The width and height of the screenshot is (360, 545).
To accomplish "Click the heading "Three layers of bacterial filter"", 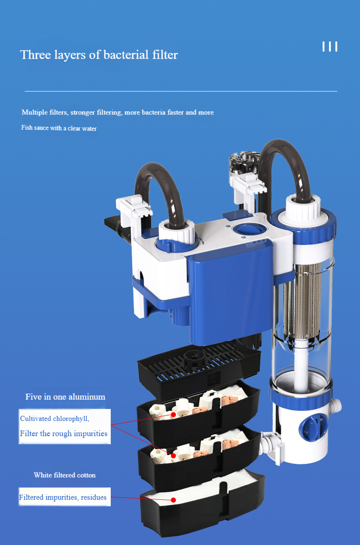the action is click(99, 55).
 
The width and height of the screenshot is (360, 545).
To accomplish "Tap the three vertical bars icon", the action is click(330, 47).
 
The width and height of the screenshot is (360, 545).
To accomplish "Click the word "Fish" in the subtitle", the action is click(27, 128).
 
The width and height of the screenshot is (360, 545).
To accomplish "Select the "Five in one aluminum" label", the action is click(65, 397).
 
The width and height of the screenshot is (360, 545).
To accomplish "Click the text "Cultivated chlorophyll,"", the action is click(55, 419).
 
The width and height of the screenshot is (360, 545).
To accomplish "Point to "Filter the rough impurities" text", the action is click(63, 433).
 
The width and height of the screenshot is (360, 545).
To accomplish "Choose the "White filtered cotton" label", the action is click(65, 475).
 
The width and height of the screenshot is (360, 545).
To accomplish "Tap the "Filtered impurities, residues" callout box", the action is click(65, 497).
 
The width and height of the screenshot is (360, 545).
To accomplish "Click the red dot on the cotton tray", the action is click(174, 500).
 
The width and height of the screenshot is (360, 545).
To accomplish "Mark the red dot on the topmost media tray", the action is click(174, 415).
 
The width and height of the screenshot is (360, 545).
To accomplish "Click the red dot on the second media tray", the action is click(173, 455).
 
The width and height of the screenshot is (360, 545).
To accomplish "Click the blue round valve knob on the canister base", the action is click(314, 427).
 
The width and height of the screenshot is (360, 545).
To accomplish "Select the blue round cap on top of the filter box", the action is click(249, 230).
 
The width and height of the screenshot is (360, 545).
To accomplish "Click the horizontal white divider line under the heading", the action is click(181, 91).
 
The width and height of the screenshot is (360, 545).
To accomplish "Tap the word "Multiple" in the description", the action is click(35, 112).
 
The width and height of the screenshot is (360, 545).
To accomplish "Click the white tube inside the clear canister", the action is click(301, 365).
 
